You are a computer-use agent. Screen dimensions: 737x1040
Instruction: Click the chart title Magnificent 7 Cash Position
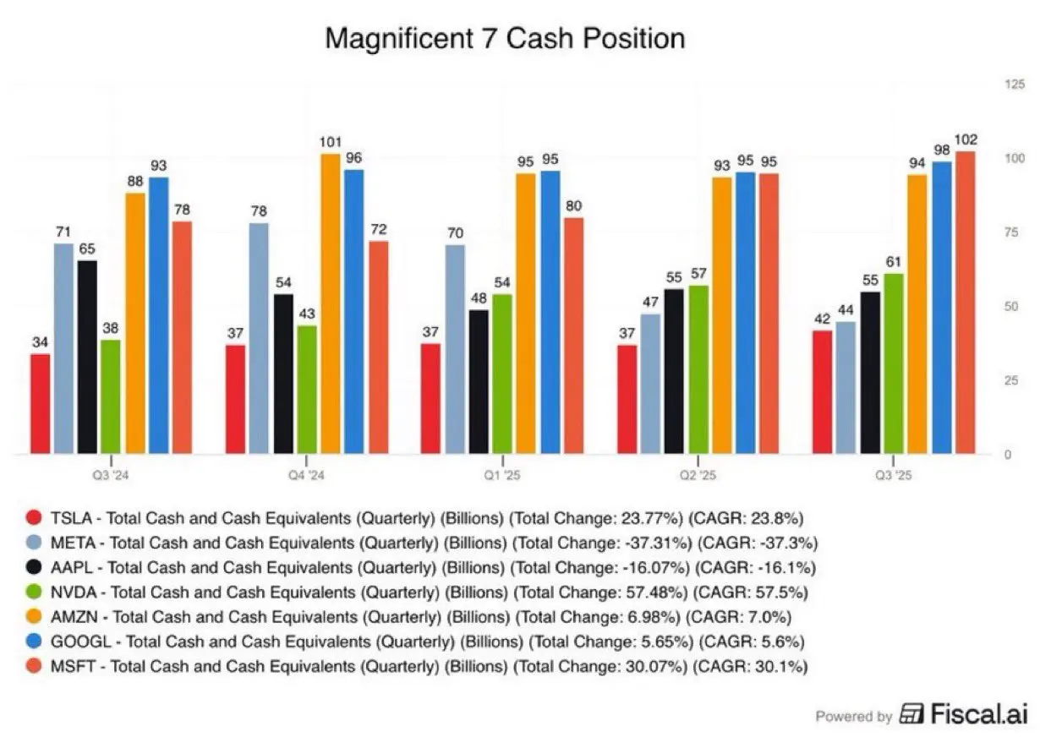coord(505,39)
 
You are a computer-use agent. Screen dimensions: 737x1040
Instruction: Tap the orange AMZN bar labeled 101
coord(330,304)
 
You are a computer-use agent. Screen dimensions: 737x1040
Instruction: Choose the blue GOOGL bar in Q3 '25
coord(941,308)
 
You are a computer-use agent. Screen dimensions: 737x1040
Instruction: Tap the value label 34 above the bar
coord(40,342)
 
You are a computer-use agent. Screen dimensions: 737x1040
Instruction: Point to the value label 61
coord(894,262)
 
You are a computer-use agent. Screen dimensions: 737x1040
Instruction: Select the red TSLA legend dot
coord(35,517)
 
